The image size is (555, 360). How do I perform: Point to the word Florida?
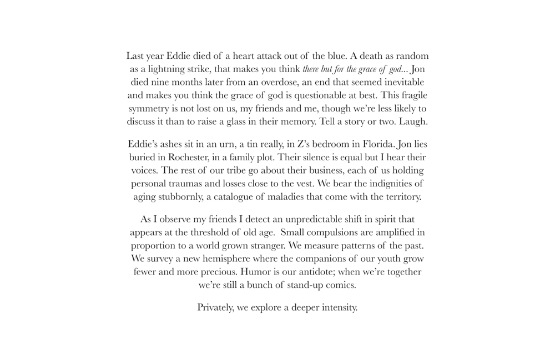click(376, 144)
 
